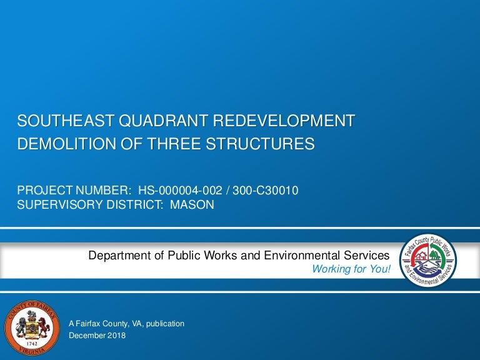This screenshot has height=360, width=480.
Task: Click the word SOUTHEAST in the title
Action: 66,121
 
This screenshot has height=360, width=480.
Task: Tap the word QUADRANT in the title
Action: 164,121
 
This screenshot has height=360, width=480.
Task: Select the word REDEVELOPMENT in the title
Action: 284,121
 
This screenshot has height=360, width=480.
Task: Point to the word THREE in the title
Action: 174,144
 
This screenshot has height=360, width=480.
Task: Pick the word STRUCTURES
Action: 260,144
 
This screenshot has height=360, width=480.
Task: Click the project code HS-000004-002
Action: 180,191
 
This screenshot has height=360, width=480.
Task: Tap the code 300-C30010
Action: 266,191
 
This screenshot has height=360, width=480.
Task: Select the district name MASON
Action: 192,204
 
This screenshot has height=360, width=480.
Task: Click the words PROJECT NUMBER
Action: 74,191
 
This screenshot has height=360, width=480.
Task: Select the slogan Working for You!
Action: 351,269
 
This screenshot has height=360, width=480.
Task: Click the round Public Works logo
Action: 428,261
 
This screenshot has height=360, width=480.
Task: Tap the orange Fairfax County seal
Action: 32,328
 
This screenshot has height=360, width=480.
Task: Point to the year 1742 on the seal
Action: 32,344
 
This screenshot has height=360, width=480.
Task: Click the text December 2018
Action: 97,336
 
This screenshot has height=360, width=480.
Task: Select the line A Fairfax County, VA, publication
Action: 126,324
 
